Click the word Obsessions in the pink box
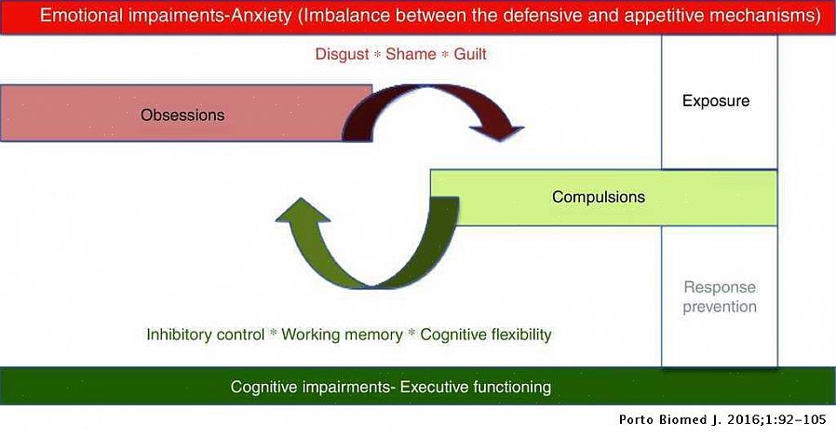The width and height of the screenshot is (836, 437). pos(182,116)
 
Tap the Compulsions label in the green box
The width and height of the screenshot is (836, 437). pos(598,198)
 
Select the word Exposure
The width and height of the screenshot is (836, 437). pos(715,101)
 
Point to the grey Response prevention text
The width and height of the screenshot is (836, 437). pos(720,297)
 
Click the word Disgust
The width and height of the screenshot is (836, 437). pos(343,54)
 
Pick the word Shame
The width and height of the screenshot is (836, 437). pos(411,54)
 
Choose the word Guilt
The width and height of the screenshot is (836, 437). pos(470,54)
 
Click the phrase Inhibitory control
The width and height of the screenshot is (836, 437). pos(205,335)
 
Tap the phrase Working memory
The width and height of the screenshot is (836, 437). pos(342,335)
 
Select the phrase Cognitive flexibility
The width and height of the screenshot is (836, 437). pos(486,335)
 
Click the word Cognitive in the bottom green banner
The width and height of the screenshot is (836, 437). pos(265,387)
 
